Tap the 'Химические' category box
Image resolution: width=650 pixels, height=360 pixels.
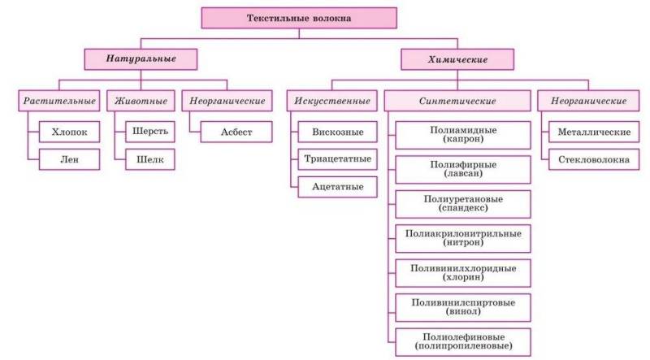[x=458, y=59]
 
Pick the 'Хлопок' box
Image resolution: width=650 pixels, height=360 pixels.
[x=69, y=131]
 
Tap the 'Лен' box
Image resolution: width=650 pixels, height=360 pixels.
[x=69, y=159]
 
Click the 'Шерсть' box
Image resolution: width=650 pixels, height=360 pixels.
[x=149, y=131]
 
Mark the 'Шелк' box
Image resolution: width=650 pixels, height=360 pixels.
[x=149, y=159]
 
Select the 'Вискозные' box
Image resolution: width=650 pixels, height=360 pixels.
[x=336, y=131]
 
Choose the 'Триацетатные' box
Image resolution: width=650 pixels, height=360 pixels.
[x=336, y=159]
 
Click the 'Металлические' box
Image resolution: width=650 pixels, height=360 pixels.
[x=594, y=131]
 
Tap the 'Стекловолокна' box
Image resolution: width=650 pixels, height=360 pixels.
[x=594, y=159]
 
